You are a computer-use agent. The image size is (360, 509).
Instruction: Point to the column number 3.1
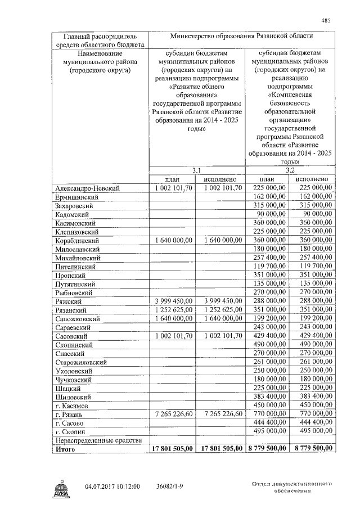196,170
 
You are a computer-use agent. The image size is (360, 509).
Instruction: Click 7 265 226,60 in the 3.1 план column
172,413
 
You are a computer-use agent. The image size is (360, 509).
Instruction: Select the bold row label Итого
66,449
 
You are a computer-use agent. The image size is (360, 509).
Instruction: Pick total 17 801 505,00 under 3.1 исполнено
220,448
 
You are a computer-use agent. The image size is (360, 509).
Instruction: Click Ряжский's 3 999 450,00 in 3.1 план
172,301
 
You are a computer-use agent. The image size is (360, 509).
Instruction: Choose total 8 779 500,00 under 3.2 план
266,448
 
